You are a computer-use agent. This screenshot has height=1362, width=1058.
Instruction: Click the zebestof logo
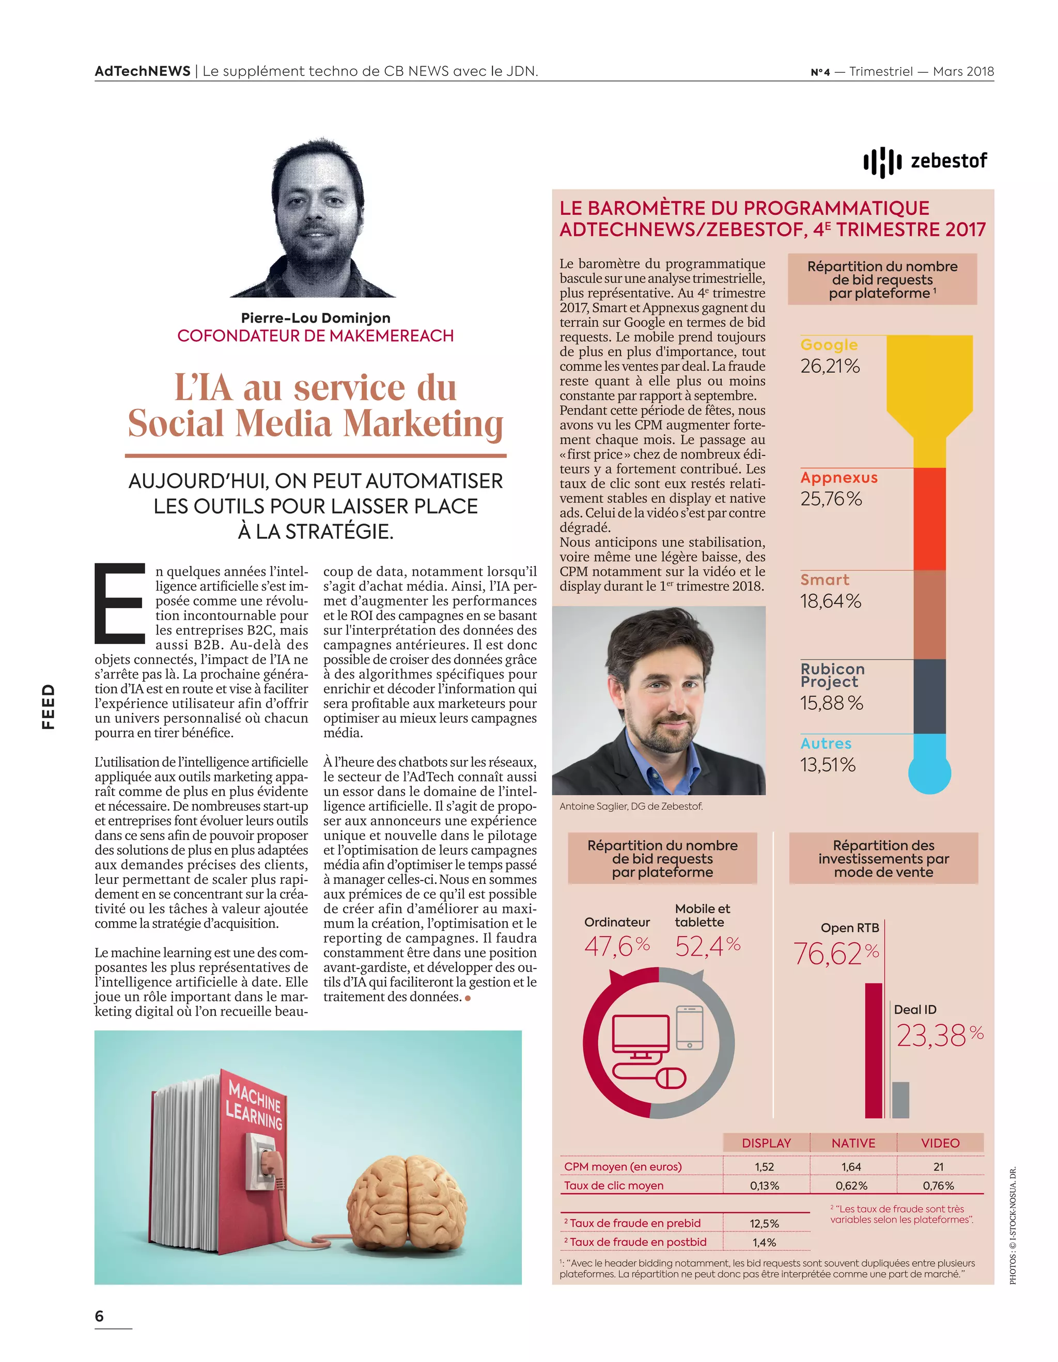[x=925, y=162]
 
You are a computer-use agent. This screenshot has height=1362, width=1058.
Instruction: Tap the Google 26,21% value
[x=830, y=366]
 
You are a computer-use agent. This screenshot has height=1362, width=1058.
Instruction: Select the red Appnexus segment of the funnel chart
[x=929, y=519]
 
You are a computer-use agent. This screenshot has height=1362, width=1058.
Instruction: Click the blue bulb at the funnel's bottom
[x=929, y=771]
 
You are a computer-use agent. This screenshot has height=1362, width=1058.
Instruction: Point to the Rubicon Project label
[x=832, y=675]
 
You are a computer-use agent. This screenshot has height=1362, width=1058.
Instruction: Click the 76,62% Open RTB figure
[x=835, y=954]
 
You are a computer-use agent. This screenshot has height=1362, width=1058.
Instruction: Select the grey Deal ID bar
[x=900, y=1099]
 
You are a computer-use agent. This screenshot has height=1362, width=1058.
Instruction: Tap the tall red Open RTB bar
[x=874, y=1050]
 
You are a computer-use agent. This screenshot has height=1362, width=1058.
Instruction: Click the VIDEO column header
[x=940, y=1143]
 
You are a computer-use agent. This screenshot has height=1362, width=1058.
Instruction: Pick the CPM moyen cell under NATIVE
[x=851, y=1167]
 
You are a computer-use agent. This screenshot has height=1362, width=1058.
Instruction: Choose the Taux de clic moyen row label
[x=613, y=1185]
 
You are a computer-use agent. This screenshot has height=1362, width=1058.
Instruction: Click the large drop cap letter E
[x=120, y=603]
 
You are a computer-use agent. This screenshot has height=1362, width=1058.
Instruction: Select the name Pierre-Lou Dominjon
[x=316, y=318]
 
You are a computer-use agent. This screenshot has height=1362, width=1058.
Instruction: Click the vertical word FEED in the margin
[x=48, y=707]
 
